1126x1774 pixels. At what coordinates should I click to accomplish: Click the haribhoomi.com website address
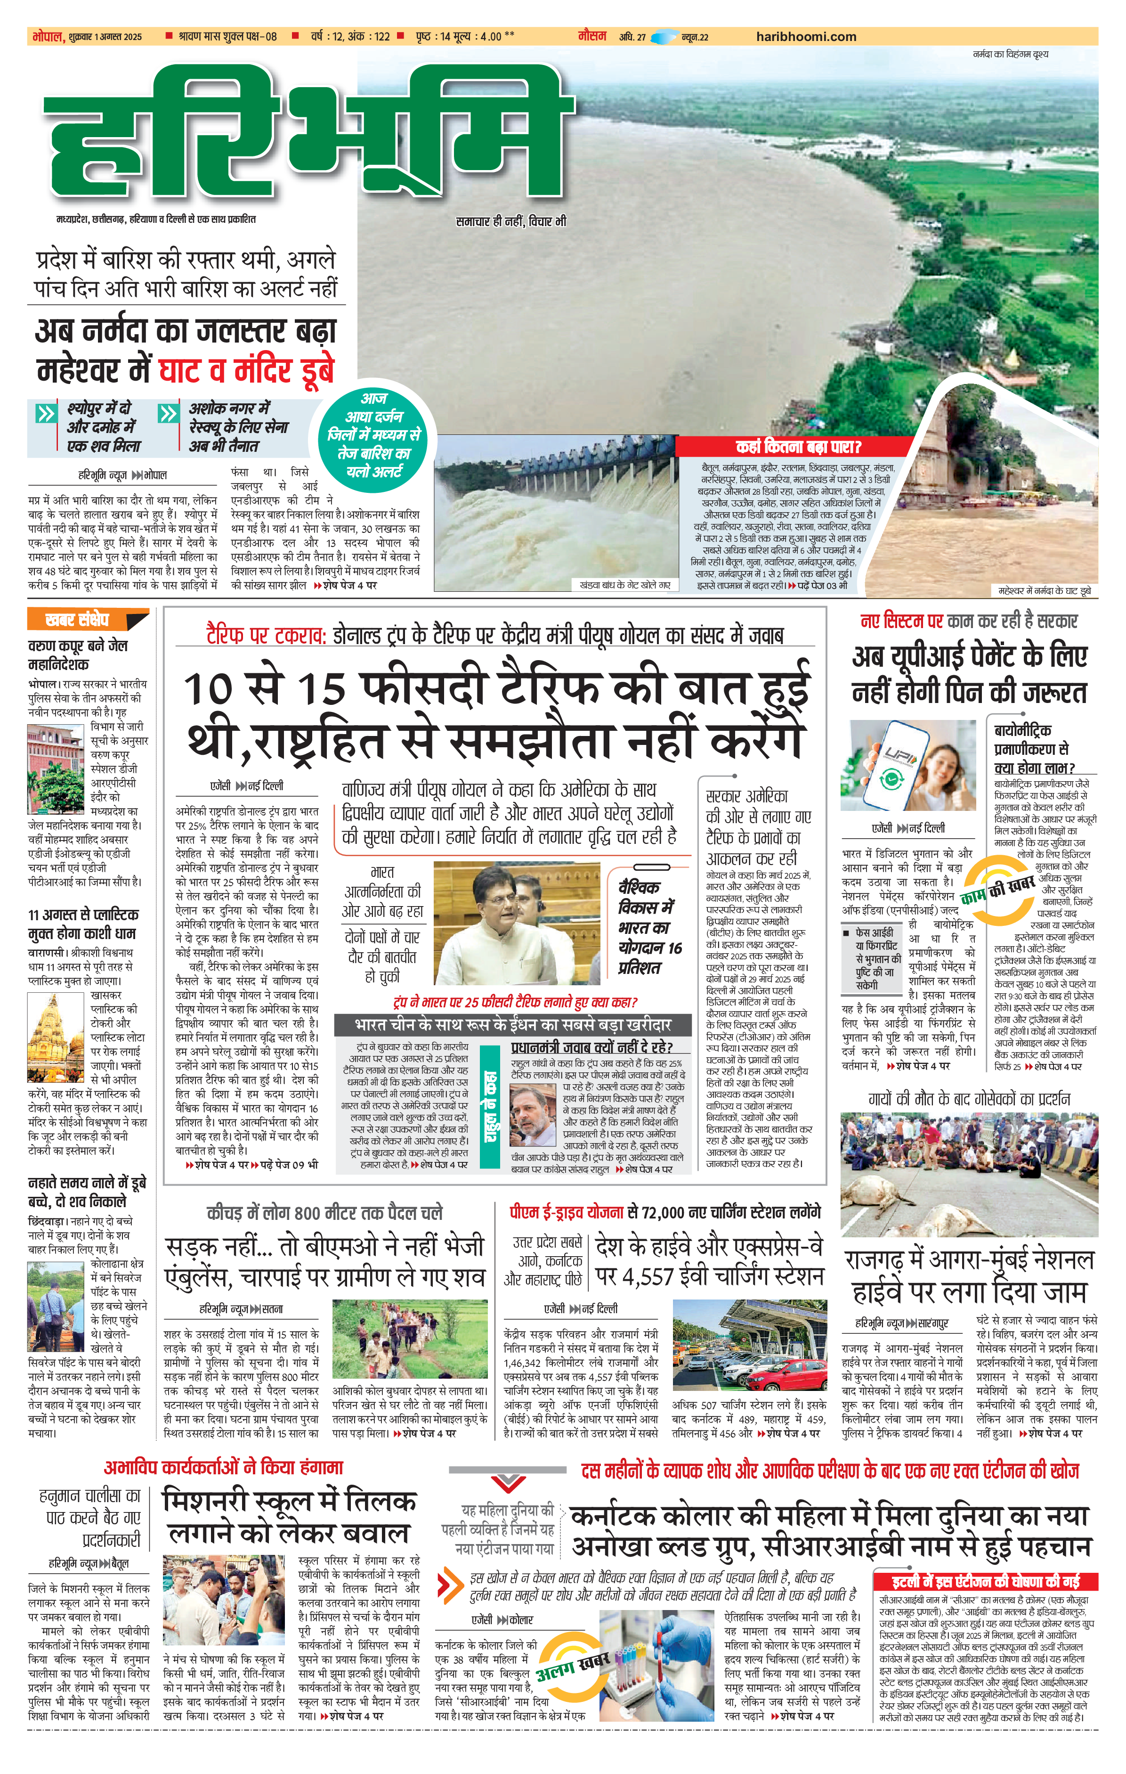(x=806, y=36)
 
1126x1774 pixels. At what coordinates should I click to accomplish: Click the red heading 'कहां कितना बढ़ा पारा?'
(x=798, y=447)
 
